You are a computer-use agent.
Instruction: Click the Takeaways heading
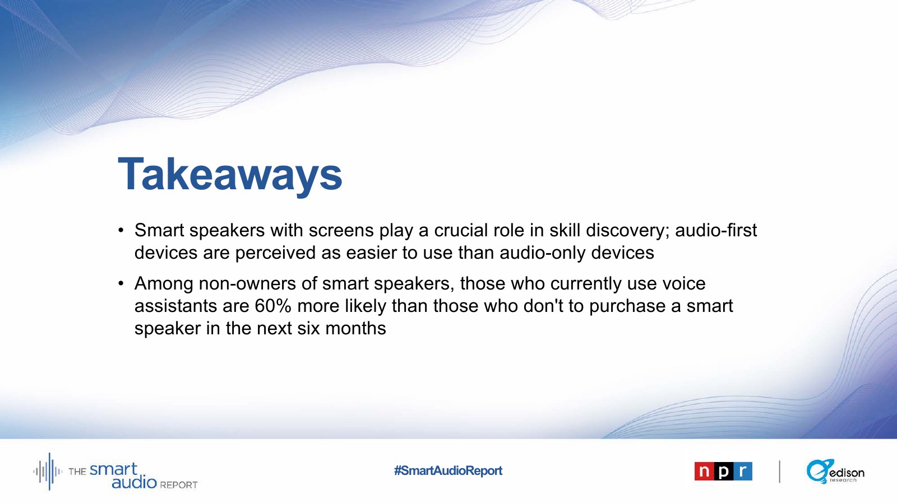(230, 175)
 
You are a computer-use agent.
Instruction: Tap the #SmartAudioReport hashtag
(448, 470)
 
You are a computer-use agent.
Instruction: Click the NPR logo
(723, 471)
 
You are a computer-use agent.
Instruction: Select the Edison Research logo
(835, 471)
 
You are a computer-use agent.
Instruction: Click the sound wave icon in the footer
(48, 471)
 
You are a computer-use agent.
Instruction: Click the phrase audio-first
(716, 230)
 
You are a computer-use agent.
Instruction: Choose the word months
(355, 329)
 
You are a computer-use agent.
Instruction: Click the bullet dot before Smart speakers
(121, 231)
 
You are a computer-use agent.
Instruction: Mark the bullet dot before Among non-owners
(121, 284)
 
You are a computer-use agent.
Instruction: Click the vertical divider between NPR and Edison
(780, 472)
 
